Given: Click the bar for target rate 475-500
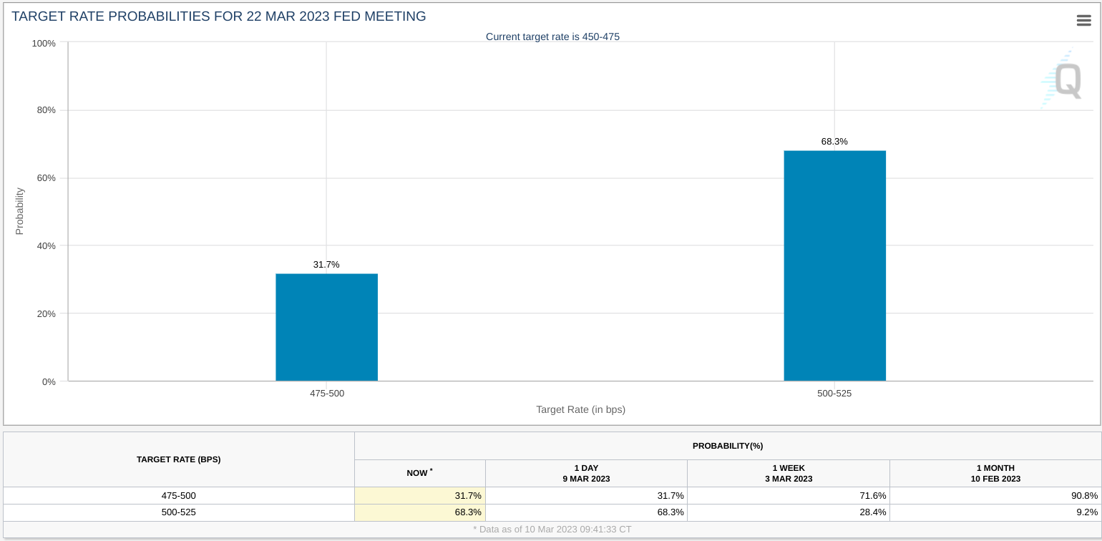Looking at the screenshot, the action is [326, 327].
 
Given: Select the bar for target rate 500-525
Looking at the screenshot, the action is [835, 265].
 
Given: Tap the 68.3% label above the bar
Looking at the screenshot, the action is [834, 142].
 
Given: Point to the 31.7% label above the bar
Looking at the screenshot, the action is [326, 265].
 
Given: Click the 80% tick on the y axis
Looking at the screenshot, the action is [47, 110].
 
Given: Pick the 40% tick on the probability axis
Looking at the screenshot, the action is [47, 246].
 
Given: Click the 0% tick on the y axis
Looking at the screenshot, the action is [49, 381].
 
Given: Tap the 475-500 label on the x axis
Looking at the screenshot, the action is [327, 394].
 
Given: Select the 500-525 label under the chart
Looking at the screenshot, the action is [834, 394].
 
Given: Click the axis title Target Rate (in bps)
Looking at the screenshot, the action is [580, 409].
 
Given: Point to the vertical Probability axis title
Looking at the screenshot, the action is [19, 211].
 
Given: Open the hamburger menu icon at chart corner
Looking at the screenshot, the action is [1084, 20].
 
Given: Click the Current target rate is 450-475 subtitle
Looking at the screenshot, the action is [552, 37].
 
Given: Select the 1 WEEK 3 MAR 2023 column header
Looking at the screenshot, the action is [789, 474].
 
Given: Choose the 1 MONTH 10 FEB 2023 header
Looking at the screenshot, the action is [996, 474].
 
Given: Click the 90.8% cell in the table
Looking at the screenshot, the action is [1084, 496].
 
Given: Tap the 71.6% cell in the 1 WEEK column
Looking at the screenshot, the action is [873, 496].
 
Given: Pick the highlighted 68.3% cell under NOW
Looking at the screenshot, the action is [420, 512].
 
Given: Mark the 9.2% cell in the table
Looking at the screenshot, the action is [1087, 512].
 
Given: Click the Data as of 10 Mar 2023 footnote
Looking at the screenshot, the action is [552, 530].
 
